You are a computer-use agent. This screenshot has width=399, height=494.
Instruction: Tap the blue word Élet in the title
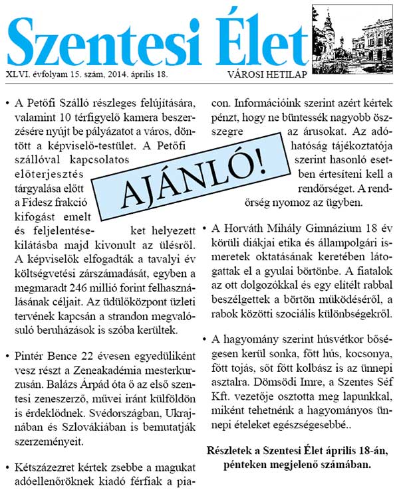(255, 37)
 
